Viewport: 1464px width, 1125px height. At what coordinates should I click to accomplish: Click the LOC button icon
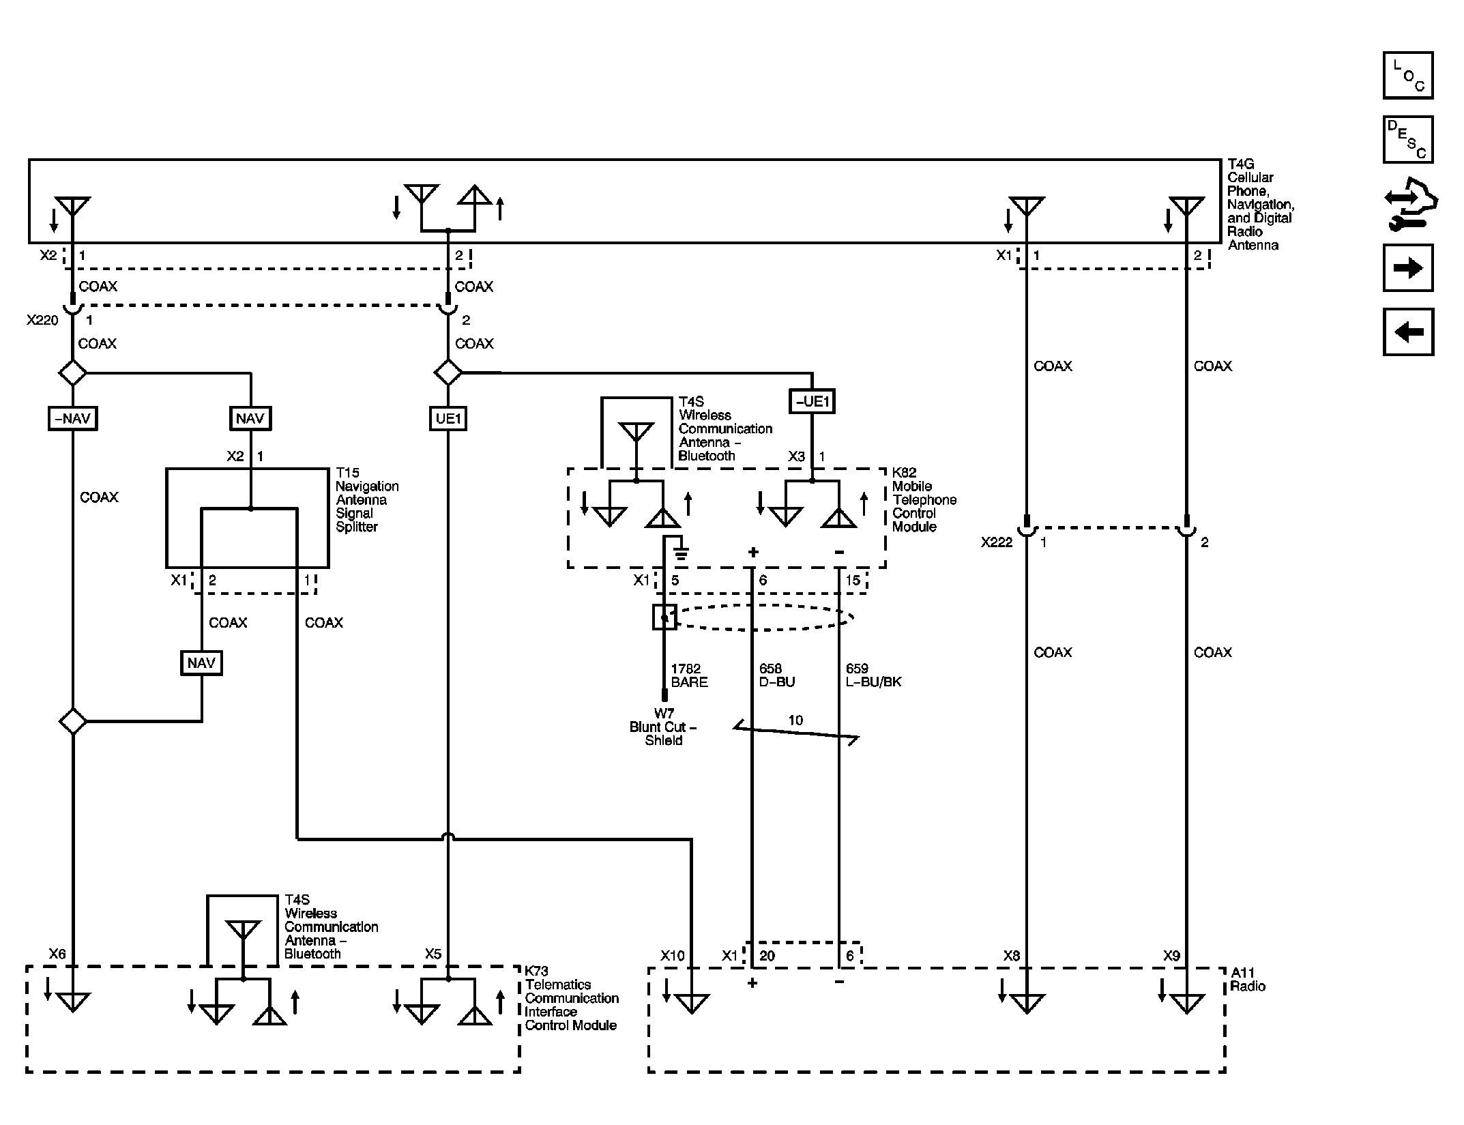pos(1407,76)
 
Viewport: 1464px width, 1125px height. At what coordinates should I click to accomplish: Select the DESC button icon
pos(1407,140)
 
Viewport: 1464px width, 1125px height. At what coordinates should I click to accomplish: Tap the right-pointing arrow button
pos(1407,268)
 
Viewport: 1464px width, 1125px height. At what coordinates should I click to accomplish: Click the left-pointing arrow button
pos(1407,332)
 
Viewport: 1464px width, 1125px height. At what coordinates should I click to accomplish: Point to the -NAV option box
pos(72,418)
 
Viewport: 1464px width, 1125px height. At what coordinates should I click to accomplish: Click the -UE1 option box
pos(812,401)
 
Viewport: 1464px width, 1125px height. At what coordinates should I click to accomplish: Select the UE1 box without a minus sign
pos(448,418)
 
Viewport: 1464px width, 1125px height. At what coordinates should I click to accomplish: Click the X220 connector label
pos(42,320)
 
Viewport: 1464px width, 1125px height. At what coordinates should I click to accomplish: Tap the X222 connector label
pos(997,543)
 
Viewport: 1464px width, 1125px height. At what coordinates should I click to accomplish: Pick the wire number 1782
pos(686,669)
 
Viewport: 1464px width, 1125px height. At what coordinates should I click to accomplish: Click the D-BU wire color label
pos(777,682)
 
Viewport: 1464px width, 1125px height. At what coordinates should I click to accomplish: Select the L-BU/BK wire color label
pos(874,682)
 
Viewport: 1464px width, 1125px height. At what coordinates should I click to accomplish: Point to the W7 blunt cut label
pos(663,714)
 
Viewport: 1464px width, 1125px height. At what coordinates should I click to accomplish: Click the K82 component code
pos(905,473)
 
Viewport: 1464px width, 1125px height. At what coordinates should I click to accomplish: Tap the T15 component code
pos(347,473)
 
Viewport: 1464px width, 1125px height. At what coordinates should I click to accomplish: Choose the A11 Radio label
pos(1248,980)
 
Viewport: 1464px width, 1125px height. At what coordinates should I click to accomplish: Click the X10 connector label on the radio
pos(672,956)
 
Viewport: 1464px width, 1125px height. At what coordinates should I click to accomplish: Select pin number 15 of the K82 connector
pos(853,581)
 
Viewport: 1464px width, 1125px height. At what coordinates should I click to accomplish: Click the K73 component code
pos(537,971)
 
